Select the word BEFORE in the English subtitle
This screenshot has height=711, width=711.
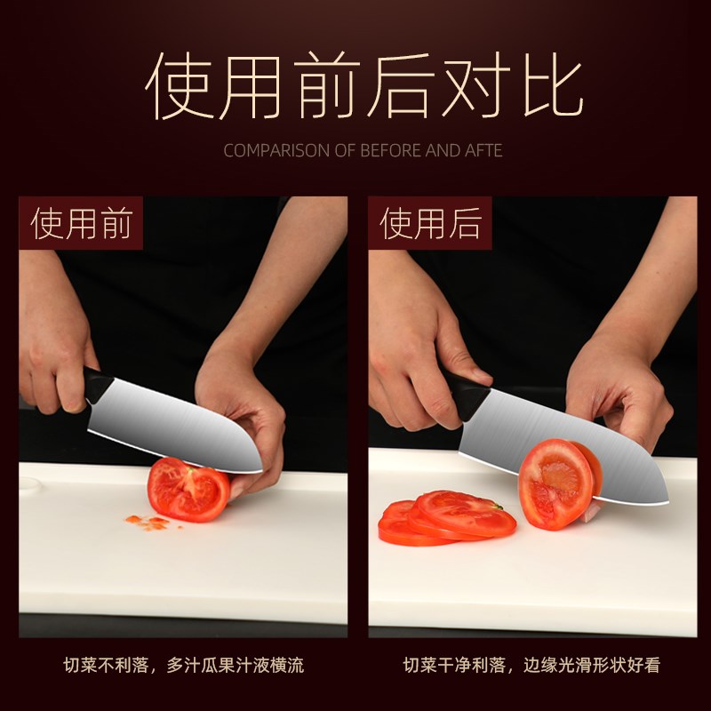tap(390, 150)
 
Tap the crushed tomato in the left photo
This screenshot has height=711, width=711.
tap(188, 489)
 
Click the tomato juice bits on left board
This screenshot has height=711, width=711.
tap(147, 521)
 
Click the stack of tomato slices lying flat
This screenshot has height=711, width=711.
tap(444, 520)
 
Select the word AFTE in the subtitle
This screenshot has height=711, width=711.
tap(483, 150)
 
